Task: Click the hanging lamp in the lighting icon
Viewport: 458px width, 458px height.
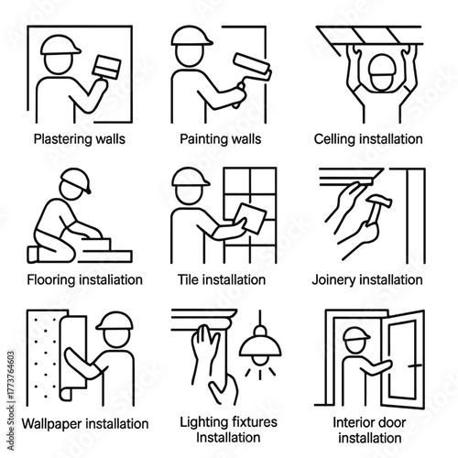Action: point(260,348)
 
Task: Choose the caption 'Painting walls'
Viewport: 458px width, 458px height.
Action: point(229,139)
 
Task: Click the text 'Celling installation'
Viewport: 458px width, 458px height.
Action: point(372,139)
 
